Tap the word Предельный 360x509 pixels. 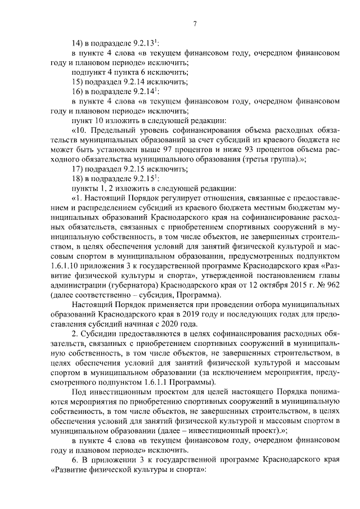click(111, 130)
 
